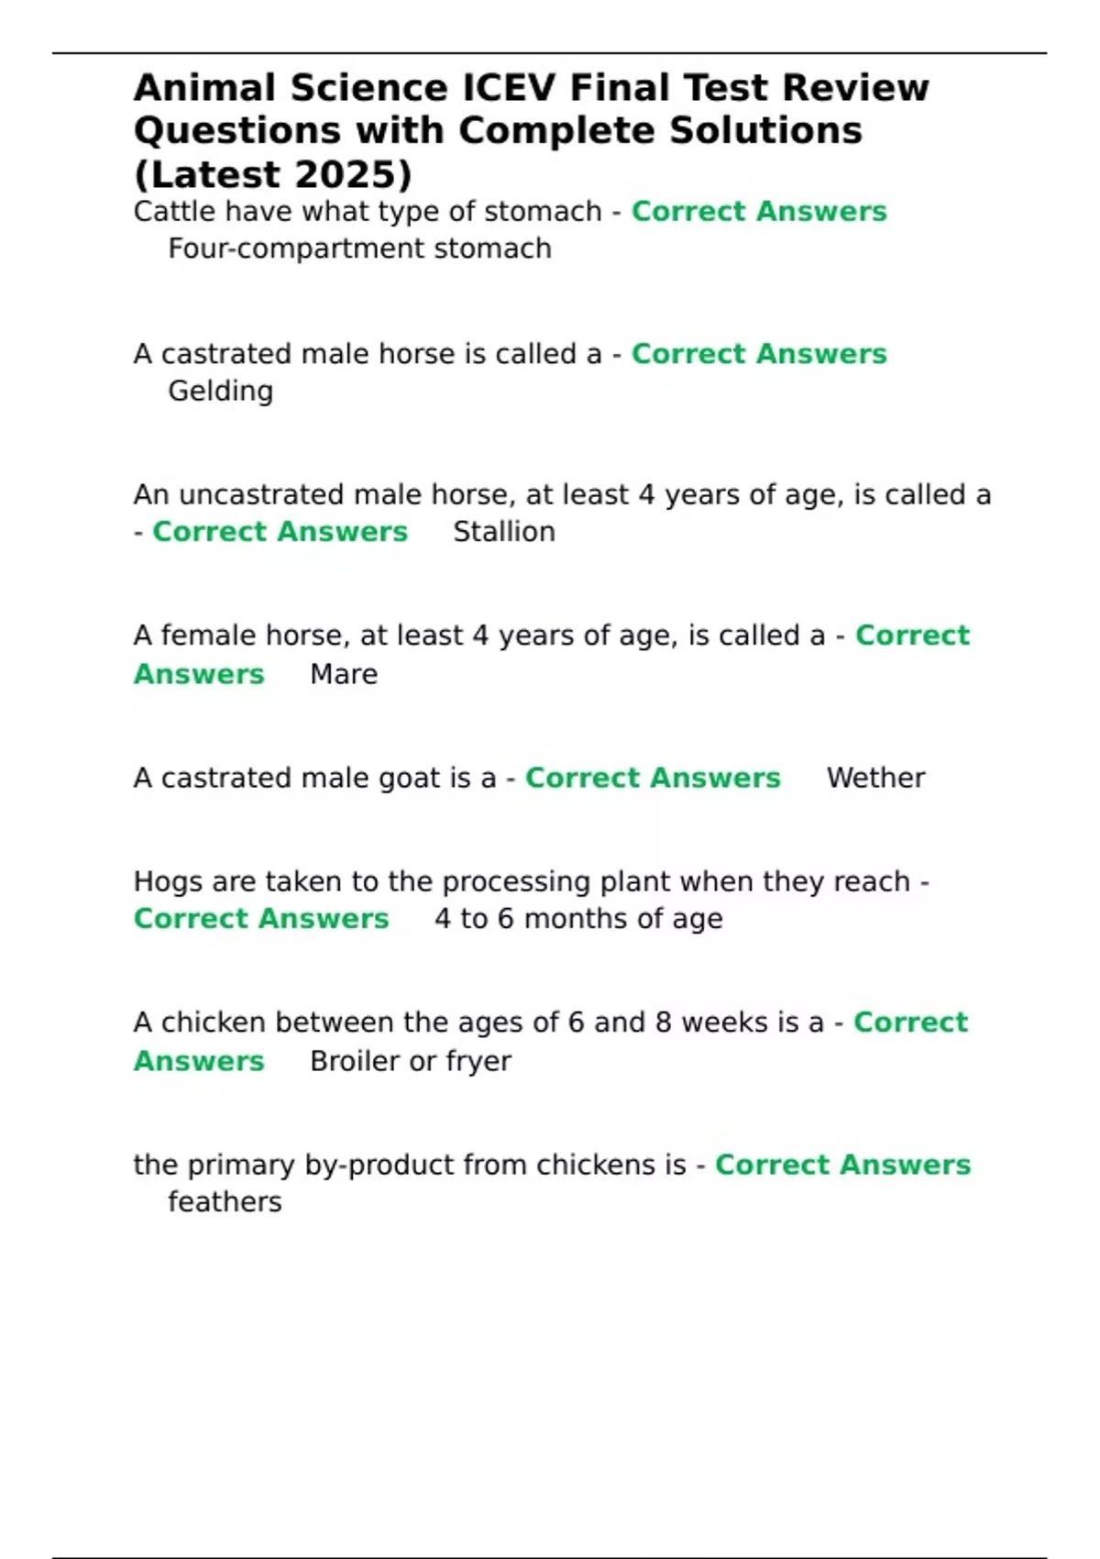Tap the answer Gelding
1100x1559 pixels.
[x=220, y=392]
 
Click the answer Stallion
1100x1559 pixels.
[x=504, y=532]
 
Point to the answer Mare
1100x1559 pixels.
[x=344, y=674]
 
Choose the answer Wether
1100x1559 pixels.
[x=875, y=778]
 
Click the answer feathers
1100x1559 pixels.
[x=225, y=1202]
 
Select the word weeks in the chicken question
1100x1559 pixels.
[x=727, y=1023]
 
